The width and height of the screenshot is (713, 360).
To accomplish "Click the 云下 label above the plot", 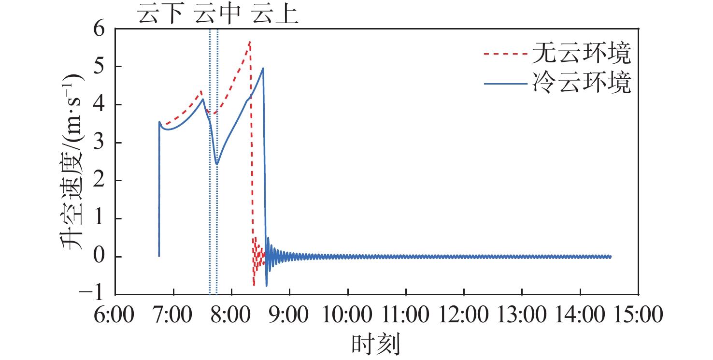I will pos(161,15).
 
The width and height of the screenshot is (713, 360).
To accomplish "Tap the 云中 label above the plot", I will pos(217,15).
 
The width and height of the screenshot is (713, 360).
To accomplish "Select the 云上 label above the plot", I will pos(276,15).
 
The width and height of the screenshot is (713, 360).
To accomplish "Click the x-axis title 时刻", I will pos(376,345).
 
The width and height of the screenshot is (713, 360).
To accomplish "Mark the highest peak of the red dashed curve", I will pos(249,42).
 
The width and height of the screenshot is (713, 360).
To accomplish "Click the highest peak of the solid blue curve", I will pos(263,68).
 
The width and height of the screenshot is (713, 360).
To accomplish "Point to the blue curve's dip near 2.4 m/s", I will pos(217,164).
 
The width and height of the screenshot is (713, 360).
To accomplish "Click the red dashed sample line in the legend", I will pos(504,55).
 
